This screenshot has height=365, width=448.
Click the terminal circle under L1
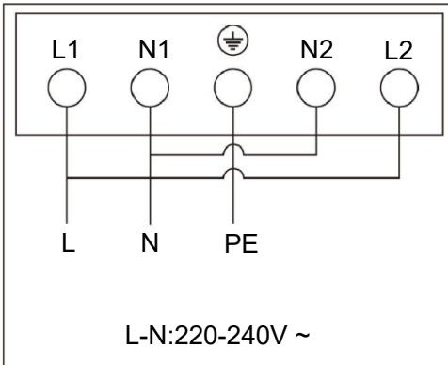[x=69, y=91]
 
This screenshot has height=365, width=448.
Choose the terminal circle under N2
[x=316, y=91]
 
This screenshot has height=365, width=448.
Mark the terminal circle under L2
[x=396, y=91]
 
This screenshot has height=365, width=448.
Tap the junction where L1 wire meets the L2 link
[x=69, y=177]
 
